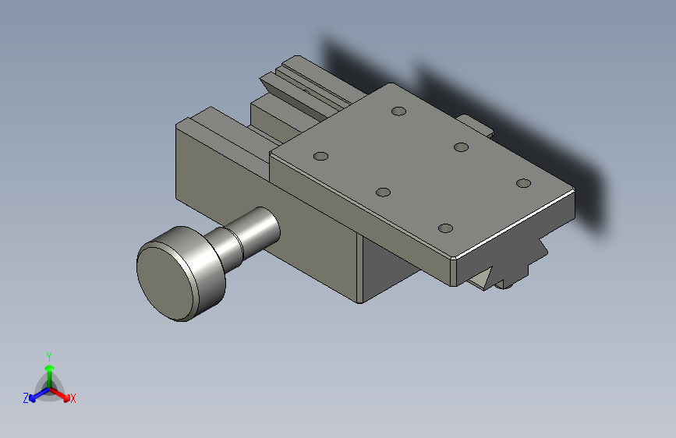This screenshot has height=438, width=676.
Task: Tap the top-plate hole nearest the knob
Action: point(320,156)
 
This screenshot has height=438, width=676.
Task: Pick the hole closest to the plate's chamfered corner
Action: point(445,228)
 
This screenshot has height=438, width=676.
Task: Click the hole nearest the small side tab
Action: point(461,147)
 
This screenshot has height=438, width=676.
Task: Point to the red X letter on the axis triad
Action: point(73,398)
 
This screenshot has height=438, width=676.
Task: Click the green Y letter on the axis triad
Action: point(48,355)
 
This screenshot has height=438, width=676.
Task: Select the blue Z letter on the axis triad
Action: point(26,397)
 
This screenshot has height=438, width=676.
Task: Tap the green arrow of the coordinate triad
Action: point(48,369)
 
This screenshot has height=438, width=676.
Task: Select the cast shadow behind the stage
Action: point(546,140)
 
